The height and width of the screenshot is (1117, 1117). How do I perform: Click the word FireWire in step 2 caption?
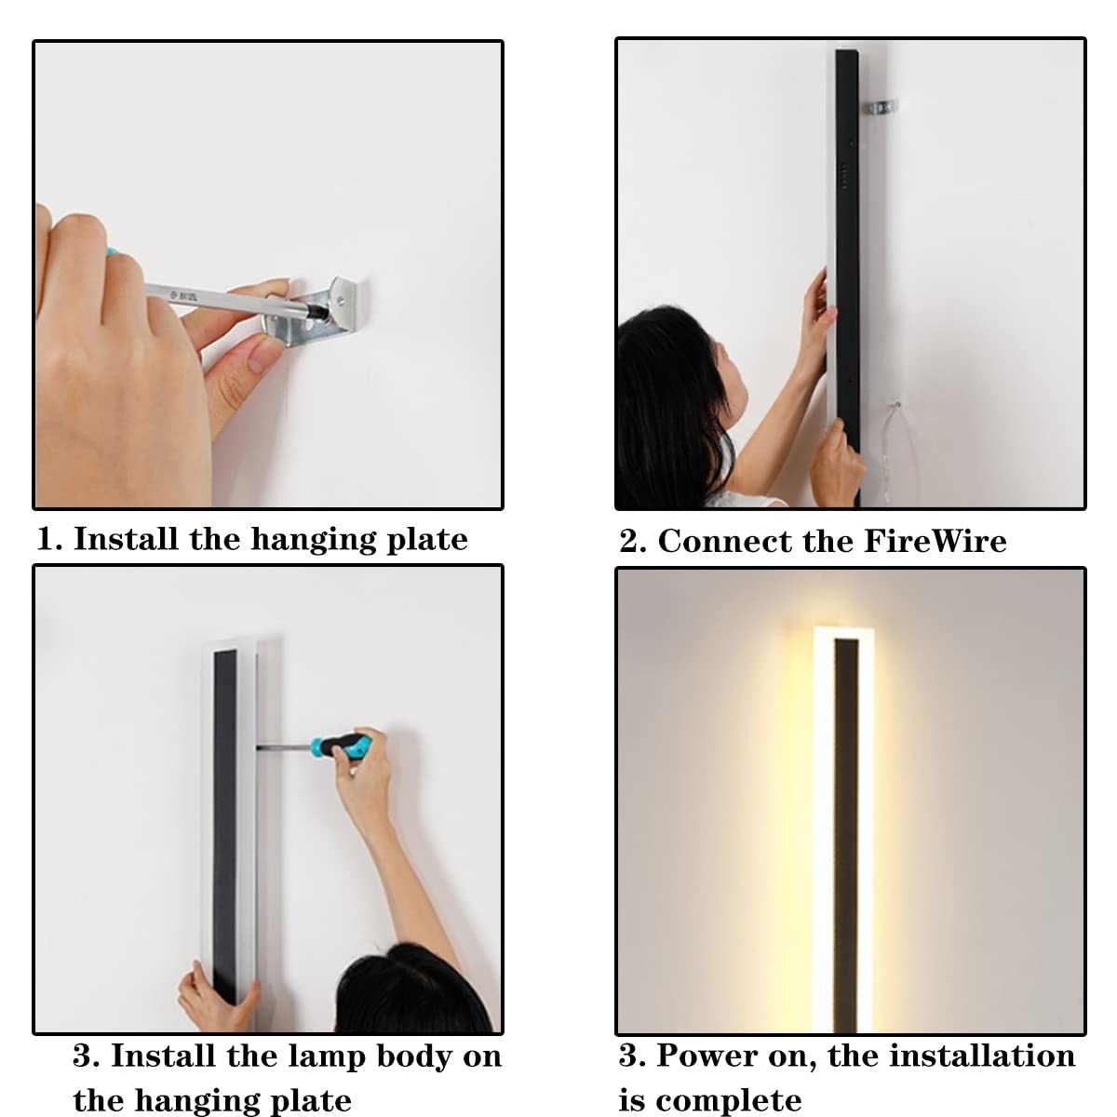click(935, 541)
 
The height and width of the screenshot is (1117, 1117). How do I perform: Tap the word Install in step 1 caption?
click(126, 539)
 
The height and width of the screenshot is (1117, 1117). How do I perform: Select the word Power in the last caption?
click(706, 1055)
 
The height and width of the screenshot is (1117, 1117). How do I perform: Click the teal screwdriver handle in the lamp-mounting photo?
click(340, 746)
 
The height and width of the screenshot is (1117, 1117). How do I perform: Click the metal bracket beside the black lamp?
click(881, 108)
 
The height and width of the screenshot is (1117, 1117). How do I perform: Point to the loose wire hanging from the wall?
click(899, 452)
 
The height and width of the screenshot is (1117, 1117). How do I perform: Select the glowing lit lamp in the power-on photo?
click(843, 829)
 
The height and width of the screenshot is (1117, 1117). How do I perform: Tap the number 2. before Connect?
click(633, 542)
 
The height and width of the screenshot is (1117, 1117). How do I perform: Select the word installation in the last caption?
click(982, 1055)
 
